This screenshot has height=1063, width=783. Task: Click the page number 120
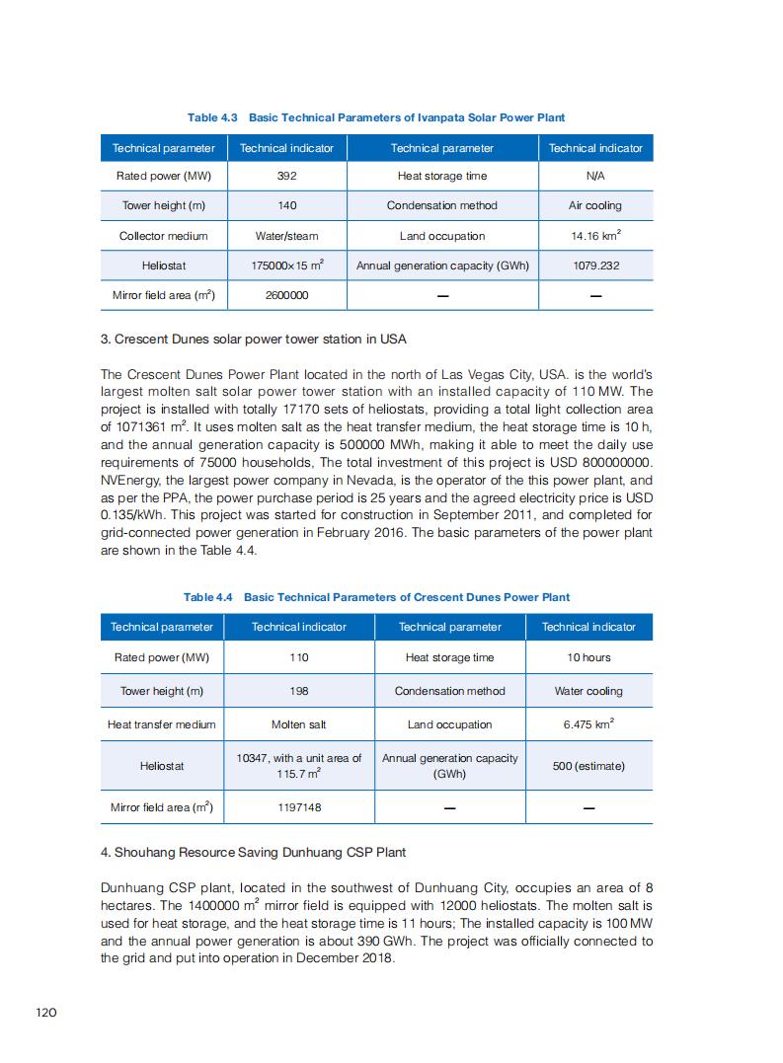coord(45,1012)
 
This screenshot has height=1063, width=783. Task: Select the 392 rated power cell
coord(287,176)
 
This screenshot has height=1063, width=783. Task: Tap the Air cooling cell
coord(595,205)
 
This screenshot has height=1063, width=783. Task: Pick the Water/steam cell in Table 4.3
coord(287,236)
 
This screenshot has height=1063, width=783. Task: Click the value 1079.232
coord(595,266)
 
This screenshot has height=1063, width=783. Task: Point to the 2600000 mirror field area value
coord(287,295)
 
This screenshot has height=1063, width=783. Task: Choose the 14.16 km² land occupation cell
coord(595,236)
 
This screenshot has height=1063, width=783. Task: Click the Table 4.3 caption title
coord(376,117)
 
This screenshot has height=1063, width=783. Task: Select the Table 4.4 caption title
coord(376,597)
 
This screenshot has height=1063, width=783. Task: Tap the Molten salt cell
coord(298,724)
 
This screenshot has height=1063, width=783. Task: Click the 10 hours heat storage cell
coord(588,657)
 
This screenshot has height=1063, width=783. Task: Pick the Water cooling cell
coord(588,691)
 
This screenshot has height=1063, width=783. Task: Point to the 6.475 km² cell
coord(588,724)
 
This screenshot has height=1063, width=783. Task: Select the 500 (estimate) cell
coord(588,766)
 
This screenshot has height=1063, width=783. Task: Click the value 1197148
coord(298,807)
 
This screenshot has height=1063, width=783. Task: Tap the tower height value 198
coord(298,691)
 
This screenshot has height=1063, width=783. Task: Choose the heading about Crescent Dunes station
coord(254,339)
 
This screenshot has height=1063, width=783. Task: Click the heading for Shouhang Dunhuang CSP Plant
coord(253,852)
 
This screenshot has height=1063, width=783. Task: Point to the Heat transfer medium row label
coord(161,724)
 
